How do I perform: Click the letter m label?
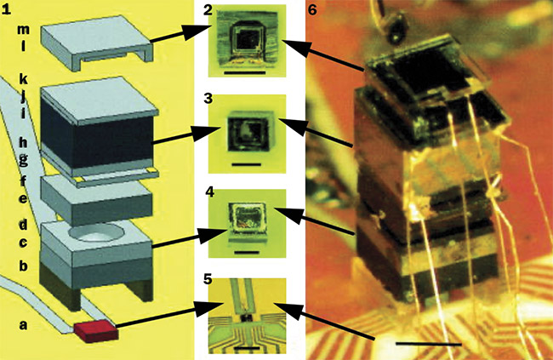pos(23,31)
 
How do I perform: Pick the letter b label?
pos(23,266)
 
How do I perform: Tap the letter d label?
pos(23,225)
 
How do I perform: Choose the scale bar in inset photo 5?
pos(247,347)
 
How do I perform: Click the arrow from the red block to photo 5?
pos(162,315)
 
